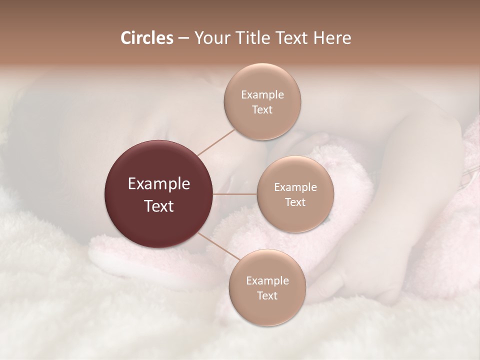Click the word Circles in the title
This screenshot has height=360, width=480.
coord(146,38)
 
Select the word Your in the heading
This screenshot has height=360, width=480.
coord(211,38)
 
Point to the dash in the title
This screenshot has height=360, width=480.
coord(183,38)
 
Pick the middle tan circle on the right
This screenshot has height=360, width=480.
coord(295,218)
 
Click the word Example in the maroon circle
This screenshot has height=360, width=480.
coord(159,184)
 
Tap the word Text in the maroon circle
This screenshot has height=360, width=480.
coord(159,205)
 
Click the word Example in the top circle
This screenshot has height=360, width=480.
coord(262,95)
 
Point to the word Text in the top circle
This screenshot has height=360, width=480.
coord(262,110)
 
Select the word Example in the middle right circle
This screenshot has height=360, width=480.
coord(295,187)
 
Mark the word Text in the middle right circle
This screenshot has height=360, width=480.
coord(295,202)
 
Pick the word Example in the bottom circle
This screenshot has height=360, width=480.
coord(267,281)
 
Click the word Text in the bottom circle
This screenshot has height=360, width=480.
coord(267,296)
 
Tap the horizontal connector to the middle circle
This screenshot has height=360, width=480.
coord(235,194)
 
